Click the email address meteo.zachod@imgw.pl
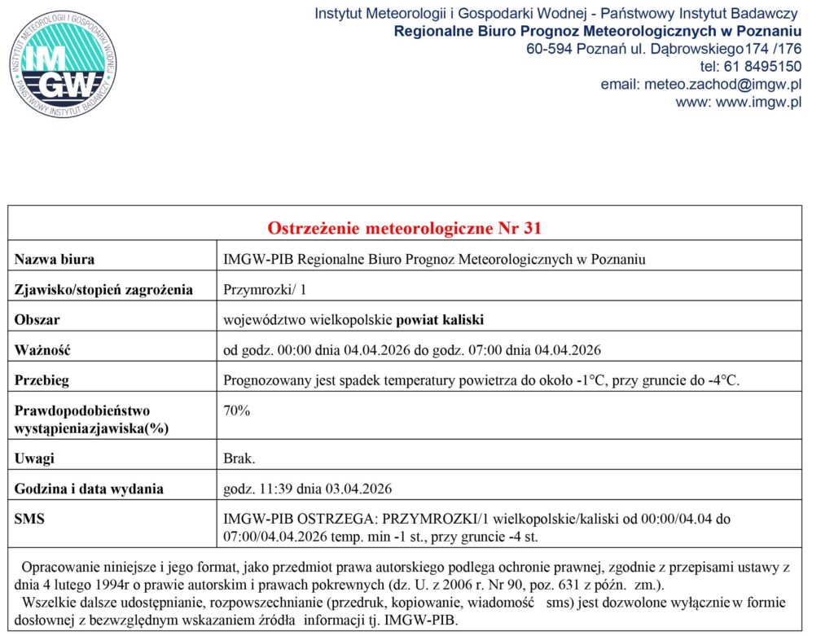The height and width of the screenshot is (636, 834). pos(700,84)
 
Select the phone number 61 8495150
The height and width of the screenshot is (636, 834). pos(761,66)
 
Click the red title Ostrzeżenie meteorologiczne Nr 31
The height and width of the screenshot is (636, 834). pos(404,228)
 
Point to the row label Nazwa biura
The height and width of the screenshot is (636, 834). pos(55,260)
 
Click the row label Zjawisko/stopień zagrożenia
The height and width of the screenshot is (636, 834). pos(103,289)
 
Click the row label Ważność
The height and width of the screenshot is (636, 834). pos(42,350)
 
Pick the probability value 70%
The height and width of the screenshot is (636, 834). pos(237,411)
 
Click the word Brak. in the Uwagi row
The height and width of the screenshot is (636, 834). pos(239,458)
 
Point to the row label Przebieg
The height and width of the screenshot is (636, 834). pos(42,380)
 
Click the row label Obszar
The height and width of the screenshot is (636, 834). pos(37,319)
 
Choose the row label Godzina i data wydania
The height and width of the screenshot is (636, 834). pos(89,489)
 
